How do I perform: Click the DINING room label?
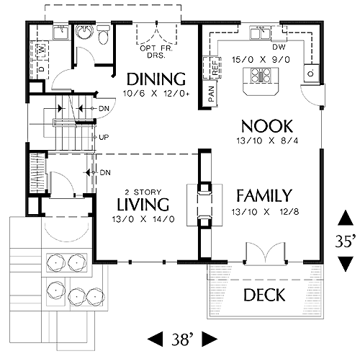pos(156,79)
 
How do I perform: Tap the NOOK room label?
pos(267,126)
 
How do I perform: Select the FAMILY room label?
pos(264,195)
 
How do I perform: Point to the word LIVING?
pos(143,205)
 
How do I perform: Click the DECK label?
pos(264,295)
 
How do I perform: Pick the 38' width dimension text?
pos(182,339)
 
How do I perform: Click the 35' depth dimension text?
pos(346,241)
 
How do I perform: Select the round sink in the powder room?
pos(84,32)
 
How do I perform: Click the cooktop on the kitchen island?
pos(261,76)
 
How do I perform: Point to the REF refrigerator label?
pos(215,68)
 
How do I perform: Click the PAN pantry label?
pos(211,94)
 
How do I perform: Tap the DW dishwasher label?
pos(279,47)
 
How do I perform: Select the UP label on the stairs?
pos(104,138)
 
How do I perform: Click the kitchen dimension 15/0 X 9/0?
pos(261,60)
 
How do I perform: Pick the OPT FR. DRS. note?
pos(156,52)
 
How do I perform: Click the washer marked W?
pos(42,50)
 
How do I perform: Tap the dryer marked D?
pos(42,69)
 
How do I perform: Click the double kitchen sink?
pos(260,33)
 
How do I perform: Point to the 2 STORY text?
pos(143,192)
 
